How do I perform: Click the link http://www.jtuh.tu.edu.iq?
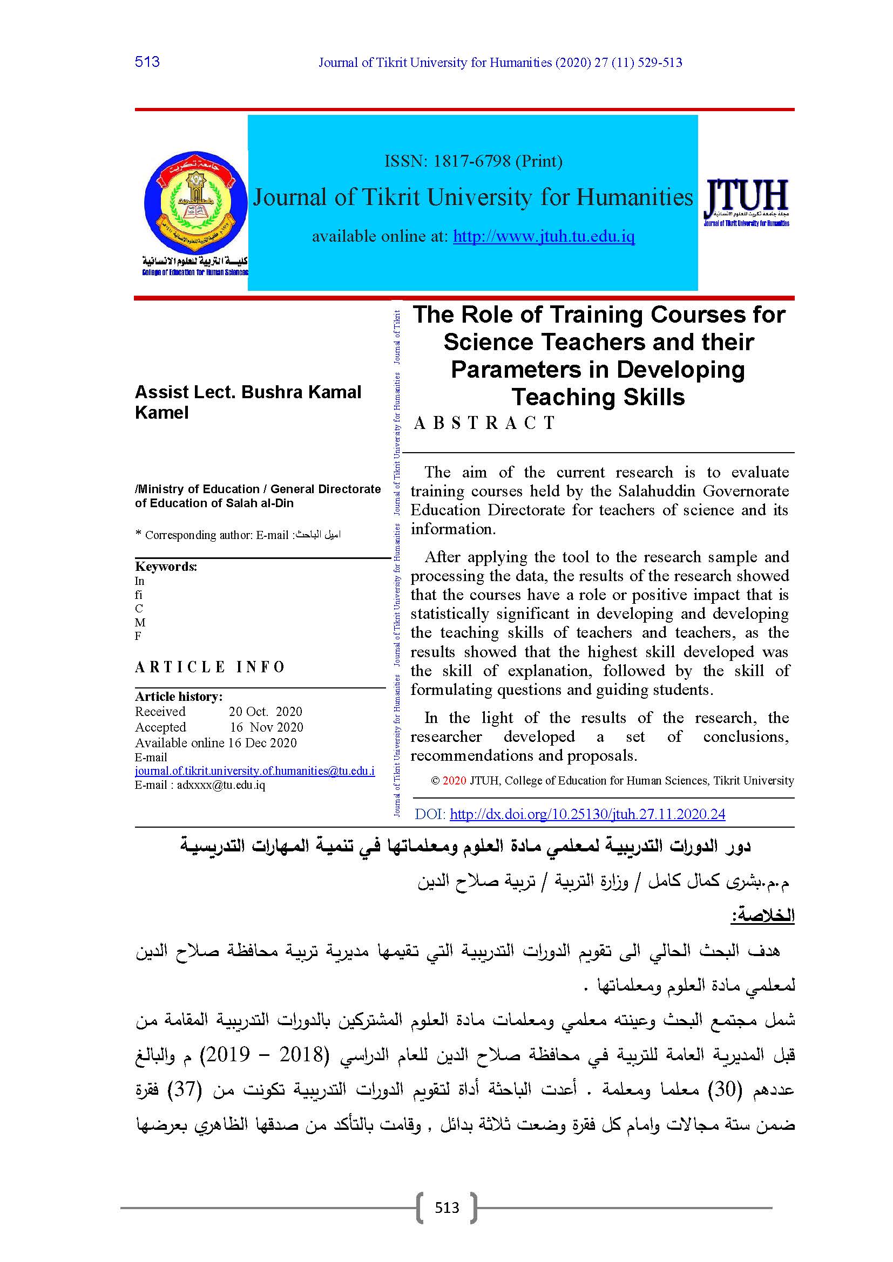(x=543, y=236)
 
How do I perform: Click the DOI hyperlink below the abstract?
(x=587, y=814)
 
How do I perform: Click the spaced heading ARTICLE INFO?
(x=209, y=667)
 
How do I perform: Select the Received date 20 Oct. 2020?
(x=266, y=711)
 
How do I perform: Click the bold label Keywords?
(x=166, y=566)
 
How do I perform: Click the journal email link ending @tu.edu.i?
(x=255, y=770)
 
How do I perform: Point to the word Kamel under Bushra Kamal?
(x=161, y=412)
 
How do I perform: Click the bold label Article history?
(x=179, y=696)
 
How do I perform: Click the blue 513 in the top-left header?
(x=147, y=62)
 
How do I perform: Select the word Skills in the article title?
(x=653, y=397)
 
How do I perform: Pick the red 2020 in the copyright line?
(x=454, y=781)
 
